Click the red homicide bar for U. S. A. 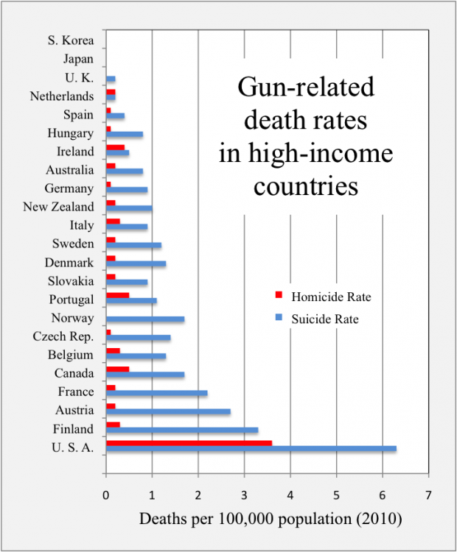click(189, 443)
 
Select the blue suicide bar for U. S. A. click(251, 448)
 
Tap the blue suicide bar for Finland click(182, 430)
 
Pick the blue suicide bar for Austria click(168, 411)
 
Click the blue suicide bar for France click(156, 393)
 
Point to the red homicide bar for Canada click(118, 369)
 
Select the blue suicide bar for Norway click(145, 319)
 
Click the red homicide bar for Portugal click(118, 295)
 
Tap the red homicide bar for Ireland click(115, 147)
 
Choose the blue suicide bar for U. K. click(111, 79)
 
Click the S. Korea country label click(71, 40)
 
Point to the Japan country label click(78, 59)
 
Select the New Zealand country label click(59, 207)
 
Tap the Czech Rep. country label click(63, 337)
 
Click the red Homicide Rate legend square click(279, 296)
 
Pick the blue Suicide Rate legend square click(279, 318)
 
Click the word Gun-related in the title click(306, 89)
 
